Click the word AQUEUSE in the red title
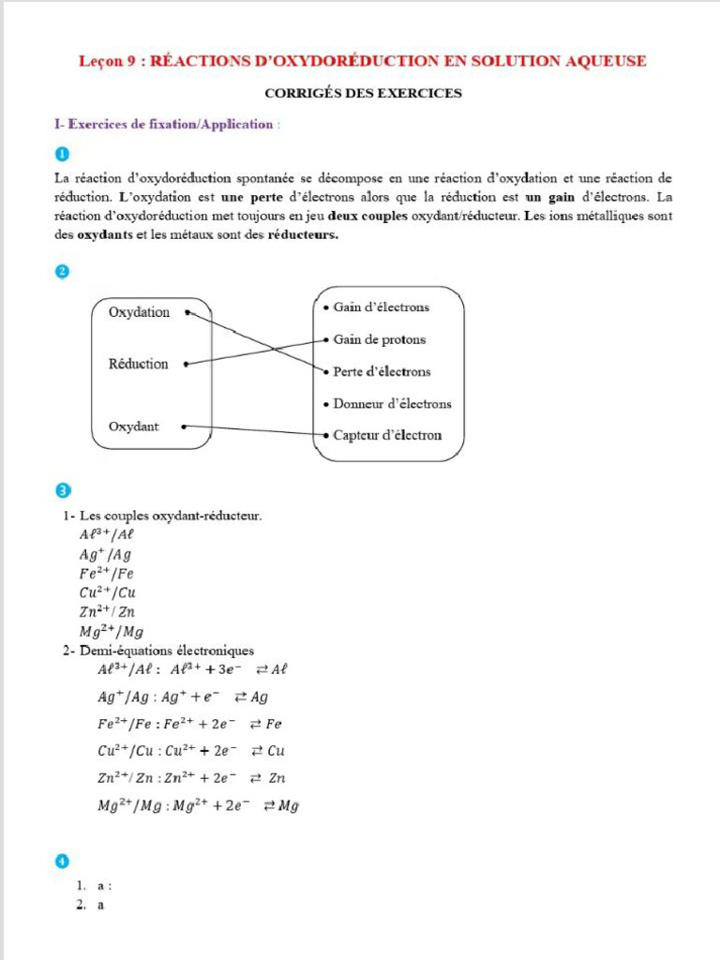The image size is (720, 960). [603, 62]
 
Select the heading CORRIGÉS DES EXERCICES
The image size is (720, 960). [363, 93]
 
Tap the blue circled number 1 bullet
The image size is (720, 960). [62, 154]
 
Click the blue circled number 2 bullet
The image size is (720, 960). [62, 271]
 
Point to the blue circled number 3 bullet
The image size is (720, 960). [62, 490]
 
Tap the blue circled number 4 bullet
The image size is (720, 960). [62, 861]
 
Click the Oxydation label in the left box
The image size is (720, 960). [139, 312]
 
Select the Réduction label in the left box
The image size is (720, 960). [139, 364]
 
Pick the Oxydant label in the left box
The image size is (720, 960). [133, 427]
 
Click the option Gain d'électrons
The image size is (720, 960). [381, 307]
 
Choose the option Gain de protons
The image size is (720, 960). [379, 339]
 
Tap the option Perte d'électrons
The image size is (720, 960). [382, 371]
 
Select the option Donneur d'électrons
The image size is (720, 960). [392, 404]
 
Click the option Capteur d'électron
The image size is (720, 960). [387, 435]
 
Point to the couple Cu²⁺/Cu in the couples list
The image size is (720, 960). [101, 592]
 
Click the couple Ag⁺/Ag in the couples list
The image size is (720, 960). [99, 554]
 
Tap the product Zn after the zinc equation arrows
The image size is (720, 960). [277, 778]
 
